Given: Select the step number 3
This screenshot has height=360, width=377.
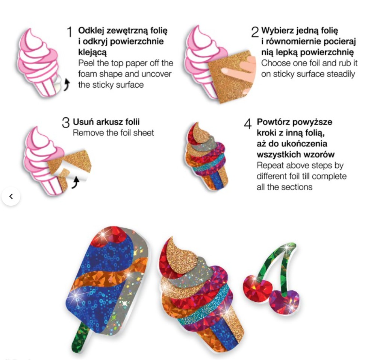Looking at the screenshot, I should point(66,123).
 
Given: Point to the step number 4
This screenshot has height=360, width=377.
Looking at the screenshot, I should point(248,123).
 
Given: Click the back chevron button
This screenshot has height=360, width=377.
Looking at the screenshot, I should point(11,196).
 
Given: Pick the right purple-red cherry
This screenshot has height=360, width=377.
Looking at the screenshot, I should point(284,301).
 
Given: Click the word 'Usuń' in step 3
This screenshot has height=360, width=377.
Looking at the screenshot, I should point(82,122).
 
